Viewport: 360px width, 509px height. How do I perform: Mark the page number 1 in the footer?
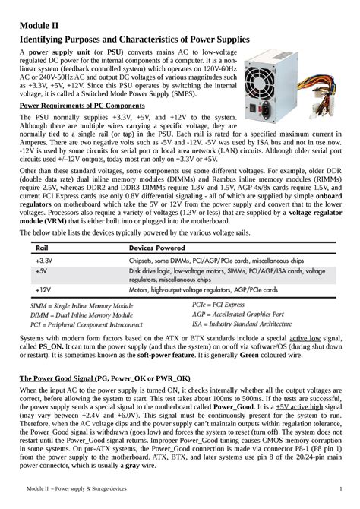[340, 488]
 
